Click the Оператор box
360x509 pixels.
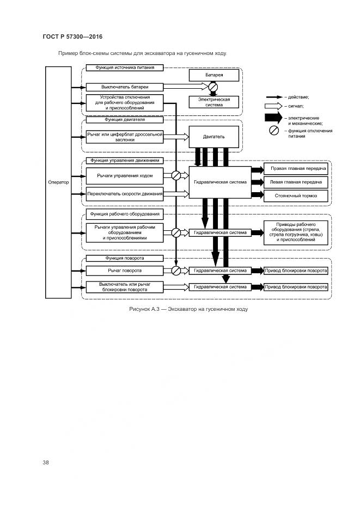coord(58,182)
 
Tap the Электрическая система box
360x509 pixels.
coord(214,102)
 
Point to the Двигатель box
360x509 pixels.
coord(214,136)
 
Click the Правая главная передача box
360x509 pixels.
coord(296,169)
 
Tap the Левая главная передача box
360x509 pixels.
coord(296,182)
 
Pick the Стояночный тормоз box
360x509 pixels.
coord(296,195)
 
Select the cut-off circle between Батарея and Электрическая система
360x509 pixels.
coord(213,87)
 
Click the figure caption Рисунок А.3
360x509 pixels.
coord(188,309)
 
